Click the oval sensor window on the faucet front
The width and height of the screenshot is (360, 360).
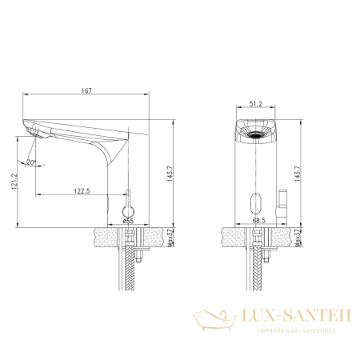(x=255, y=203)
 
